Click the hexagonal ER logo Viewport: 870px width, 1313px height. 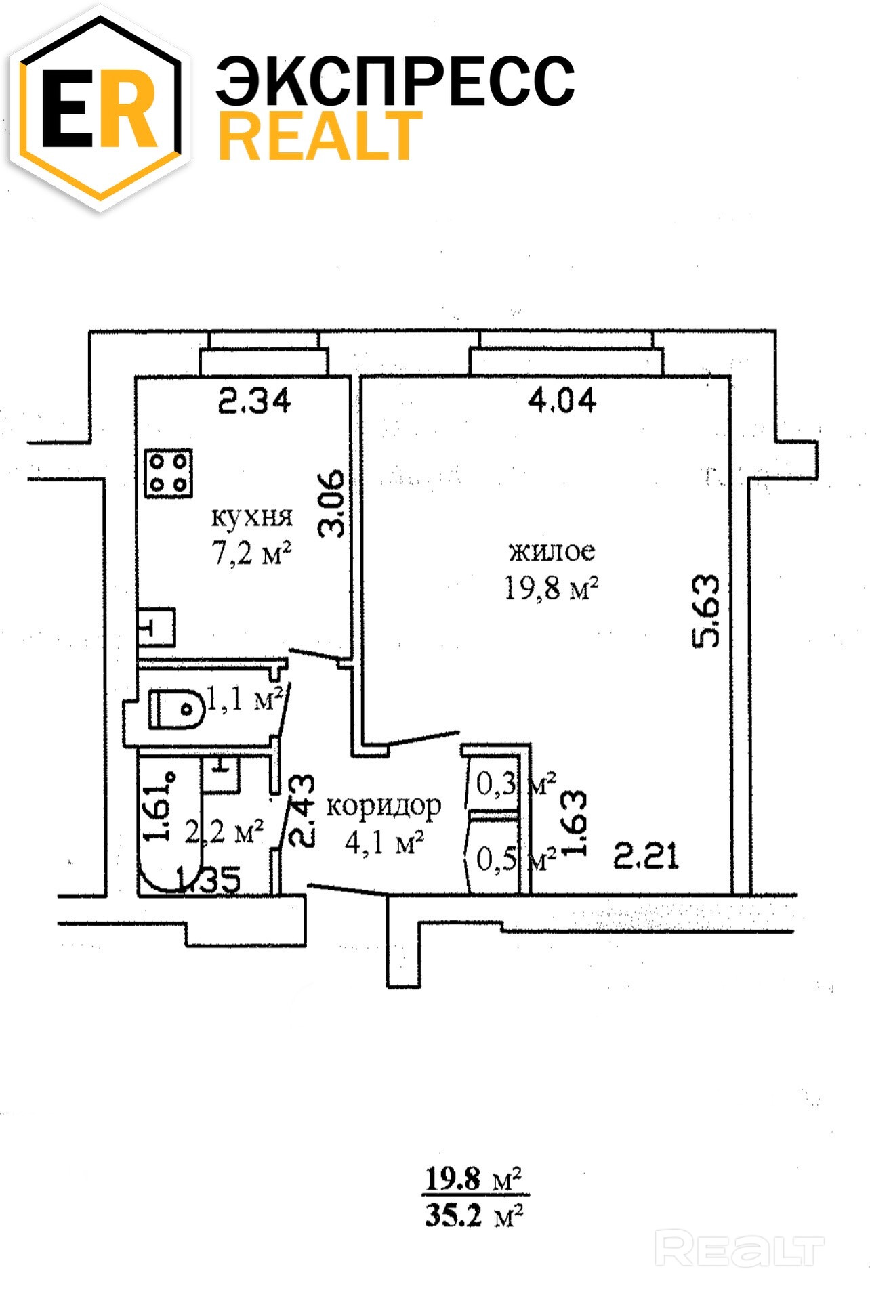point(100,108)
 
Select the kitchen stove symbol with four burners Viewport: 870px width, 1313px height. point(169,473)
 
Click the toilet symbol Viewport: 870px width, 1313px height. point(175,709)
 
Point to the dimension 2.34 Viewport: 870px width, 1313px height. point(254,401)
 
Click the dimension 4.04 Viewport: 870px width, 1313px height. point(562,400)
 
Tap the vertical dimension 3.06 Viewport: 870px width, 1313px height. point(333,504)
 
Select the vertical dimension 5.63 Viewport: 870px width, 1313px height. point(706,611)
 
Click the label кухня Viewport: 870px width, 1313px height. point(252,517)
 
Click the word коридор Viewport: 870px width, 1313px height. point(384,806)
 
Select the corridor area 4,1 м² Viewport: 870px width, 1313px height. point(384,843)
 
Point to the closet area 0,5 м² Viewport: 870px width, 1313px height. point(516,859)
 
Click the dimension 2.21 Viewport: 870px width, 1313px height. point(646,856)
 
